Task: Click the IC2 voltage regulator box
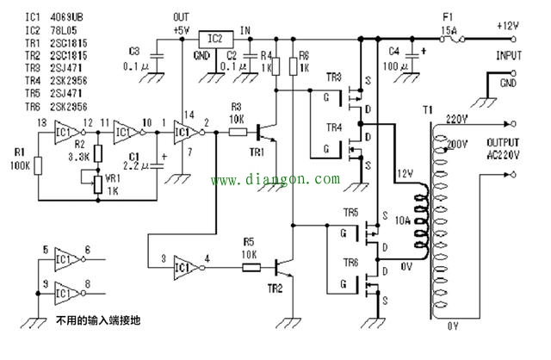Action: point(216,40)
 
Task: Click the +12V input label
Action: point(508,27)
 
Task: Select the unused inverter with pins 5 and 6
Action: point(65,257)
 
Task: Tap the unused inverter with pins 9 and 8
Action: point(65,289)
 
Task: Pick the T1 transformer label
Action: point(428,110)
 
